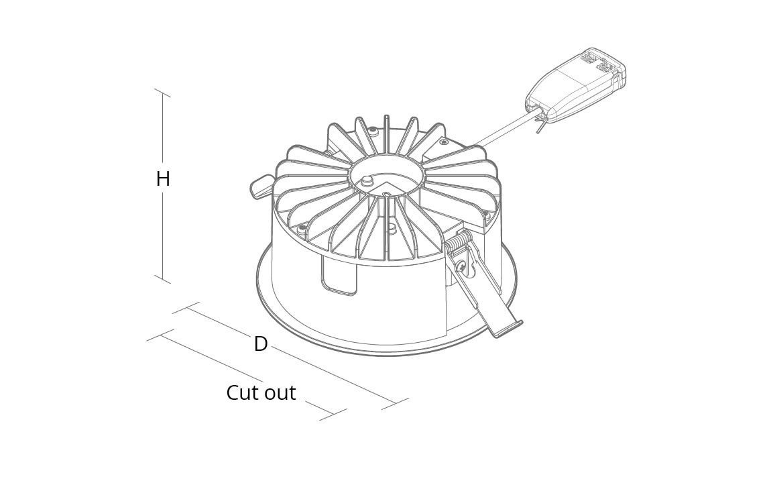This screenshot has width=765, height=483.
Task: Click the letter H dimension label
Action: (163, 179)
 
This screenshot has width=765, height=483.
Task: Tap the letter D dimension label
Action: (261, 344)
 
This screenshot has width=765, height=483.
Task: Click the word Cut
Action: (243, 392)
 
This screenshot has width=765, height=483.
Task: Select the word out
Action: (280, 393)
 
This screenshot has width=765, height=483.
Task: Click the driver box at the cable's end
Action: (576, 84)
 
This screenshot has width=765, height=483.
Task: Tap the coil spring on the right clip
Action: (458, 244)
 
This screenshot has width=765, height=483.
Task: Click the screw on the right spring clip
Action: (462, 266)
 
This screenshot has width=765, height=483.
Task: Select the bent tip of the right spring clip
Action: (508, 329)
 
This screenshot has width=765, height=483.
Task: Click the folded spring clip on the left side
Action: (262, 186)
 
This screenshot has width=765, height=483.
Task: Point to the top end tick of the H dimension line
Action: (162, 93)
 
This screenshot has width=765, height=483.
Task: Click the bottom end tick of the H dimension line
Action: (162, 279)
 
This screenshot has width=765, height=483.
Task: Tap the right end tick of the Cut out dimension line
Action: (333, 414)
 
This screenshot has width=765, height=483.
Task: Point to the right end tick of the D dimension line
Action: (395, 403)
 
